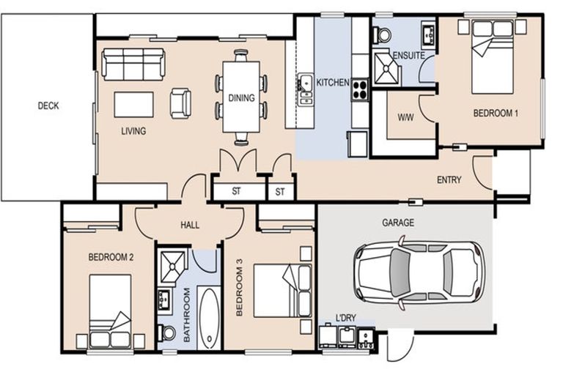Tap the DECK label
(48, 105)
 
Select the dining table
(241, 95)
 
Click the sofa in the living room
(133, 64)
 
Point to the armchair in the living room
(180, 103)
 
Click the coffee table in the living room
(133, 105)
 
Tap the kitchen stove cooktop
(360, 89)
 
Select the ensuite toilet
(383, 34)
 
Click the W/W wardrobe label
(405, 117)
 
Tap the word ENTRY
(449, 179)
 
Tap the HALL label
(189, 225)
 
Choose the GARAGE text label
(398, 222)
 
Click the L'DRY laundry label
(345, 317)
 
